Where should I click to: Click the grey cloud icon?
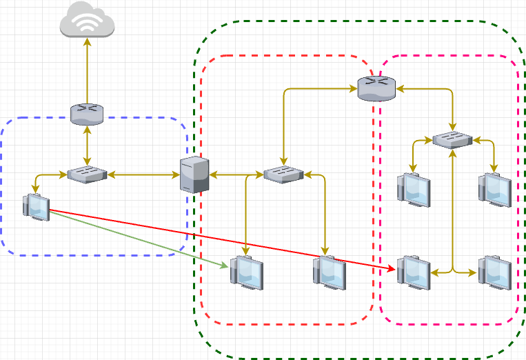click(x=87, y=20)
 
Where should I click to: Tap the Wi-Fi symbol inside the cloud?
click(x=87, y=23)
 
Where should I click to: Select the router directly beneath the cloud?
click(x=87, y=114)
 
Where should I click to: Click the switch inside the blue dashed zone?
click(x=87, y=174)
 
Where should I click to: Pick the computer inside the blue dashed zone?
click(x=36, y=207)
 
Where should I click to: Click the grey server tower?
click(x=194, y=174)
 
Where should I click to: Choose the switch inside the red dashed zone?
click(x=283, y=174)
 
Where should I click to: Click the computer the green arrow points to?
click(x=247, y=272)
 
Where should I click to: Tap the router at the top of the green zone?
click(x=376, y=88)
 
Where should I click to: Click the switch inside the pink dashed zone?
click(x=452, y=140)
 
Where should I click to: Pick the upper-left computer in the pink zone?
click(x=414, y=189)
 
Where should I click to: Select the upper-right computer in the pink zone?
click(x=495, y=189)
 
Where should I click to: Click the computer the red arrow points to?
click(x=414, y=272)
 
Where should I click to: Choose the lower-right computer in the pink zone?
click(x=495, y=272)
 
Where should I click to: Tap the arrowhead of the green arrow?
click(x=225, y=266)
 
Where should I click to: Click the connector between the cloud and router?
click(x=87, y=69)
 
